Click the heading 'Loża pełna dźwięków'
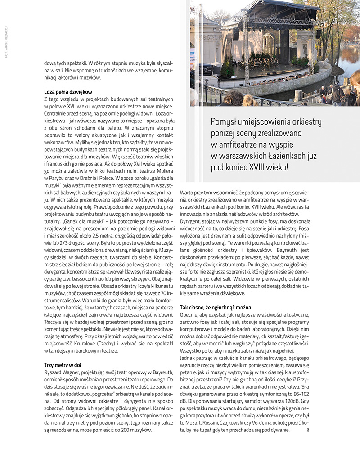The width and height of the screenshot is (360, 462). tap(68, 92)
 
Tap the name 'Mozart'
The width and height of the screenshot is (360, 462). tap(197, 424)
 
